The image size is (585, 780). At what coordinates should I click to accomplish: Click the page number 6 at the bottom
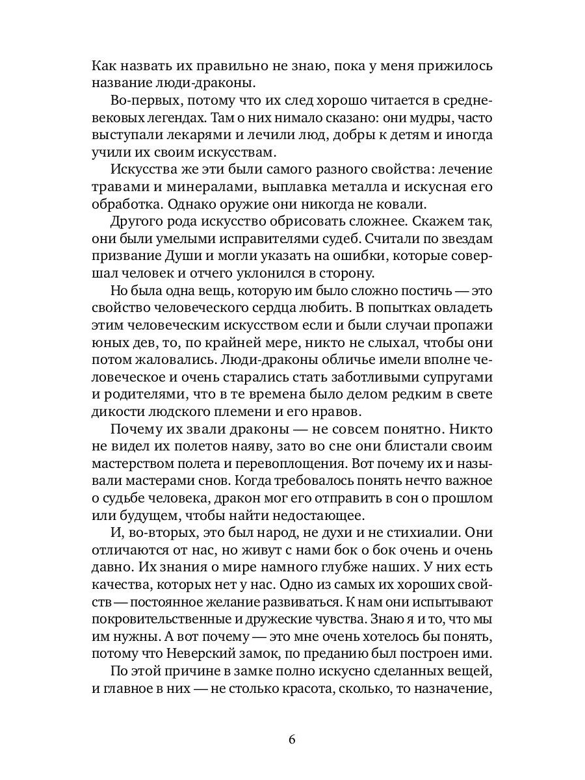292,740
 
